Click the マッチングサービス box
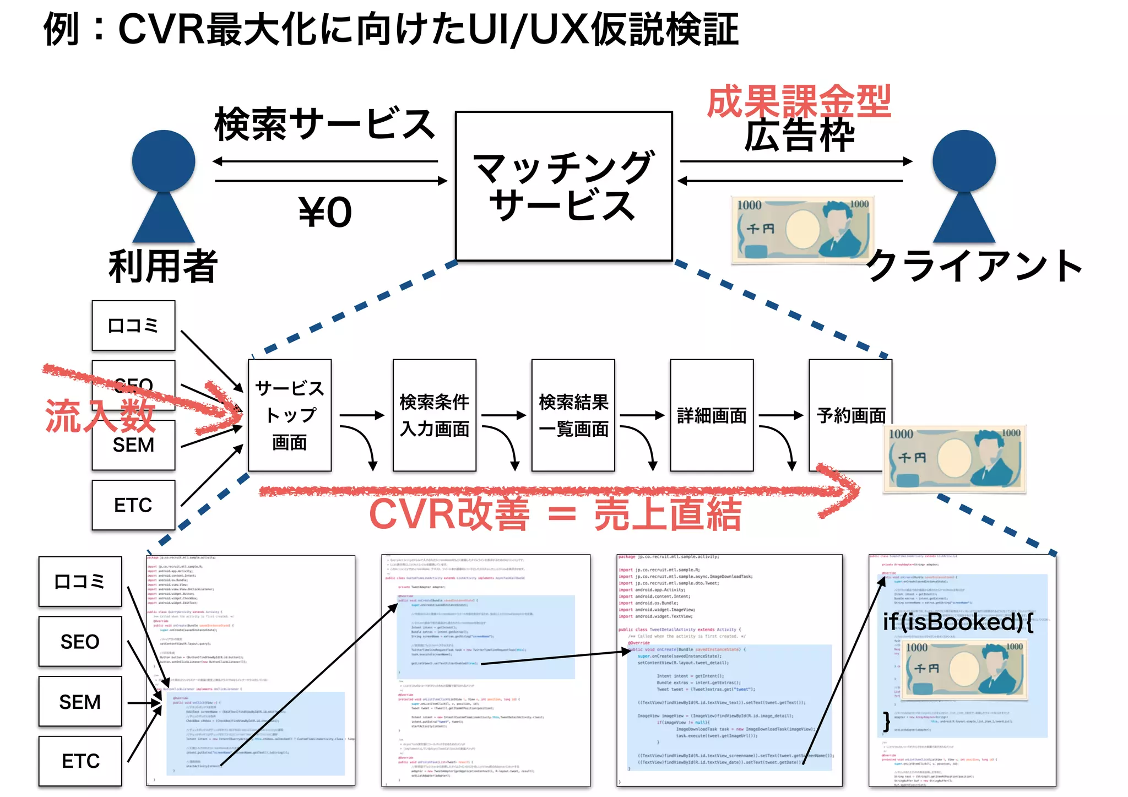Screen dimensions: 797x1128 tap(563, 186)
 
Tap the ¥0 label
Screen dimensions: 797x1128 tap(325, 213)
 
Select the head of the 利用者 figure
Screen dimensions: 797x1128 tap(164, 161)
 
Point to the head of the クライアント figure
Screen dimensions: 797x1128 tap(964, 161)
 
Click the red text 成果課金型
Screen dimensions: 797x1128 tap(799, 101)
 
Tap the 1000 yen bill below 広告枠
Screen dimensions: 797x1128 tap(803, 230)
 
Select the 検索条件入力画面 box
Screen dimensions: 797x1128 tap(434, 415)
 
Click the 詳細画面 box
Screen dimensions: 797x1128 tap(711, 415)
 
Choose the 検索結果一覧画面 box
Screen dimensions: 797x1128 tap(573, 415)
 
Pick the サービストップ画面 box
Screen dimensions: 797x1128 tap(289, 415)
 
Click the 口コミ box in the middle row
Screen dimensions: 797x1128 tap(133, 326)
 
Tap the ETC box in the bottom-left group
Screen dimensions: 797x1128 tap(80, 761)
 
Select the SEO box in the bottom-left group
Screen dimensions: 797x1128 tap(80, 641)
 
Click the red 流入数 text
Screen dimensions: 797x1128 tap(99, 416)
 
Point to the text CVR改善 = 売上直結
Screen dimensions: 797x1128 tap(555, 514)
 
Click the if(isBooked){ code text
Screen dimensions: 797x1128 tap(957, 622)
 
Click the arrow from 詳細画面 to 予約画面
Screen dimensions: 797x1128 tap(780, 415)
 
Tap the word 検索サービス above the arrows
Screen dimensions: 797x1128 tap(325, 124)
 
